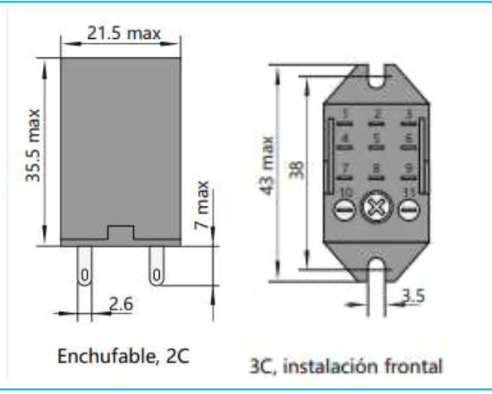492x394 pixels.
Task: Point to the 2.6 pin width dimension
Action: click(x=121, y=304)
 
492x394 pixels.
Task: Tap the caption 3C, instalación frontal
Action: click(x=346, y=364)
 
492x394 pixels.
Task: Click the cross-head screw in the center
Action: click(x=378, y=209)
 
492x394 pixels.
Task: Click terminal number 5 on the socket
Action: click(x=377, y=139)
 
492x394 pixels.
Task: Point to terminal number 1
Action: click(x=346, y=114)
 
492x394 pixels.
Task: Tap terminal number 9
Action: click(x=408, y=168)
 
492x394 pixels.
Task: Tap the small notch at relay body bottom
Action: click(x=121, y=233)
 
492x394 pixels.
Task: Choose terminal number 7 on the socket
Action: click(x=346, y=168)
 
